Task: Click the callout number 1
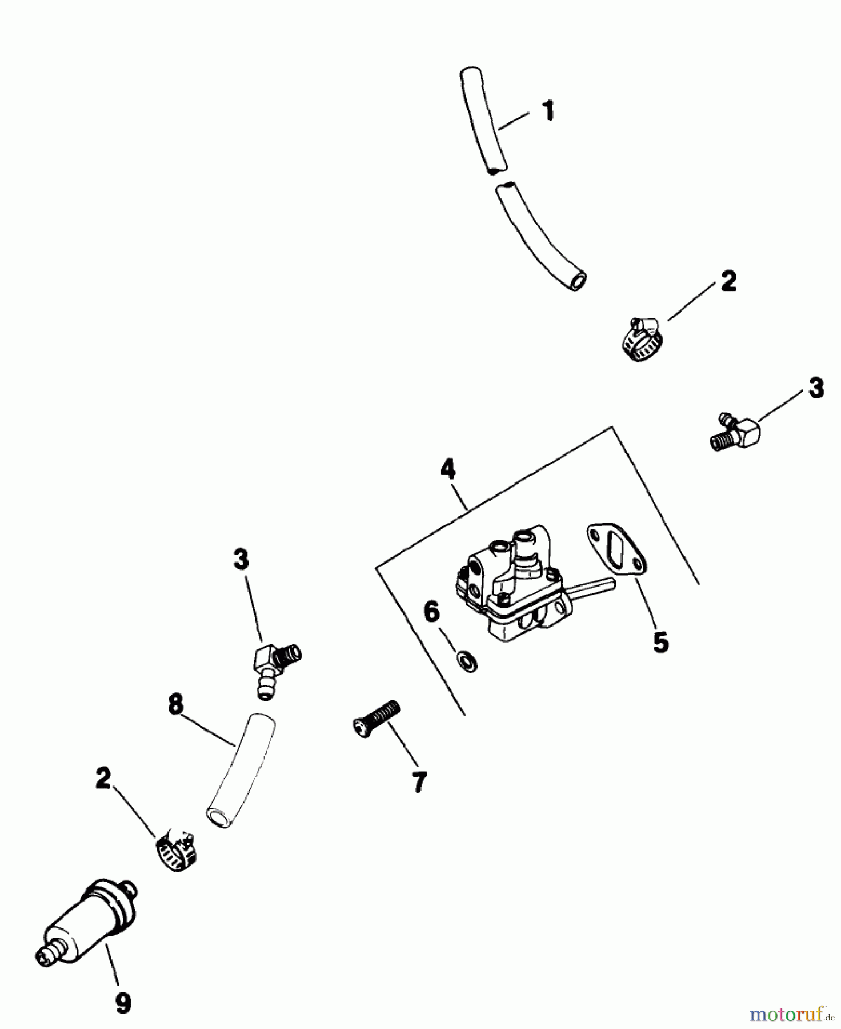548,111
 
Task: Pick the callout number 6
432,612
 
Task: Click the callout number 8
176,704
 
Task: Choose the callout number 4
448,469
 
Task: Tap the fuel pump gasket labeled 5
617,549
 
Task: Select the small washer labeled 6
467,661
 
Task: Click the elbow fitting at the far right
737,433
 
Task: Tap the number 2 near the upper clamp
728,281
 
